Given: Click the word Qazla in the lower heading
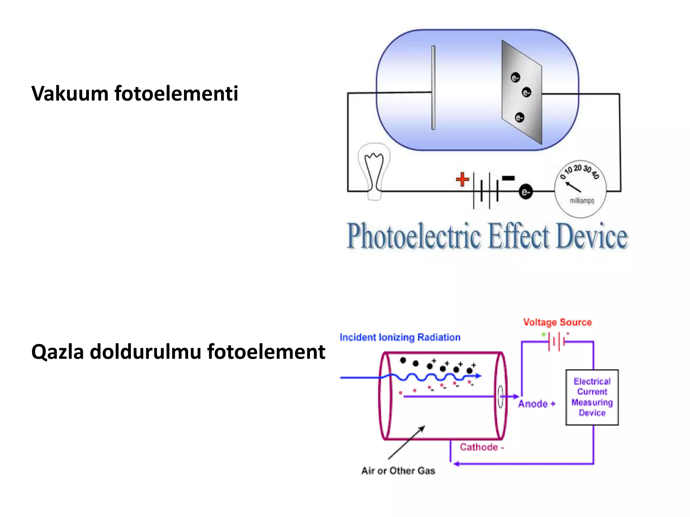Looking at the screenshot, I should click(x=57, y=352).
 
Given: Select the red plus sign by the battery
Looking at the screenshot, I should click(x=462, y=179).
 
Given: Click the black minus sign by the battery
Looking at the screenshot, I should click(x=508, y=178).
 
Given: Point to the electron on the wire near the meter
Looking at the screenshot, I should click(x=525, y=192).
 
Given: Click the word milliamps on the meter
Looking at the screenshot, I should click(x=582, y=201).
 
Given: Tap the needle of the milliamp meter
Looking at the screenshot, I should click(x=573, y=187).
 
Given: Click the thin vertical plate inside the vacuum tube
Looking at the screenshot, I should click(x=433, y=88).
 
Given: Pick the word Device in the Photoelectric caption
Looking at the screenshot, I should click(x=592, y=236).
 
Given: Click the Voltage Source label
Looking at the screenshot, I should click(x=557, y=322).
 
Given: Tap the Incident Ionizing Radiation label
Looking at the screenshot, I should click(x=400, y=337).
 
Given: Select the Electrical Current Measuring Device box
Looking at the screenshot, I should click(x=592, y=397).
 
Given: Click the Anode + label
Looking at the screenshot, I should click(x=537, y=404).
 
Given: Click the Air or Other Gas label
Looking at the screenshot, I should click(x=398, y=471).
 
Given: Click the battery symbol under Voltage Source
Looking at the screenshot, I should click(x=557, y=342).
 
